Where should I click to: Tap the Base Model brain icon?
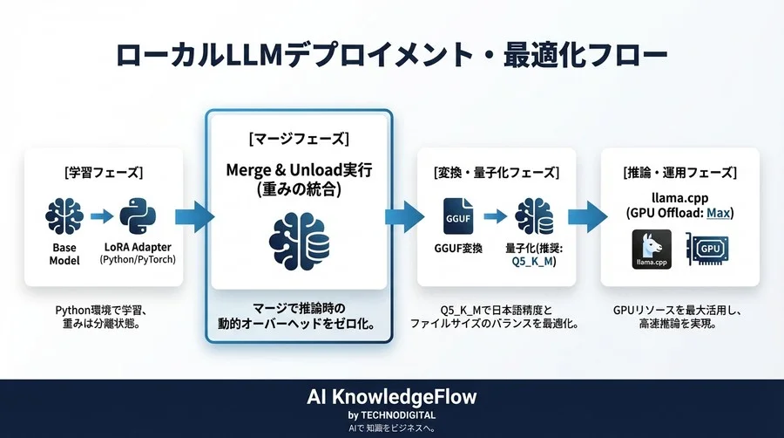(64, 216)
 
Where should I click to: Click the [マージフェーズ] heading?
(298, 139)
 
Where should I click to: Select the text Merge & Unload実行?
(298, 171)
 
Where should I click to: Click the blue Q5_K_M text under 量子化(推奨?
(532, 261)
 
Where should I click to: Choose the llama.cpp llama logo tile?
(649, 250)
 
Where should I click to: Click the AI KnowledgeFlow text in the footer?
(392, 397)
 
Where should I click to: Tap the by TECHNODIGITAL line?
(392, 414)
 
